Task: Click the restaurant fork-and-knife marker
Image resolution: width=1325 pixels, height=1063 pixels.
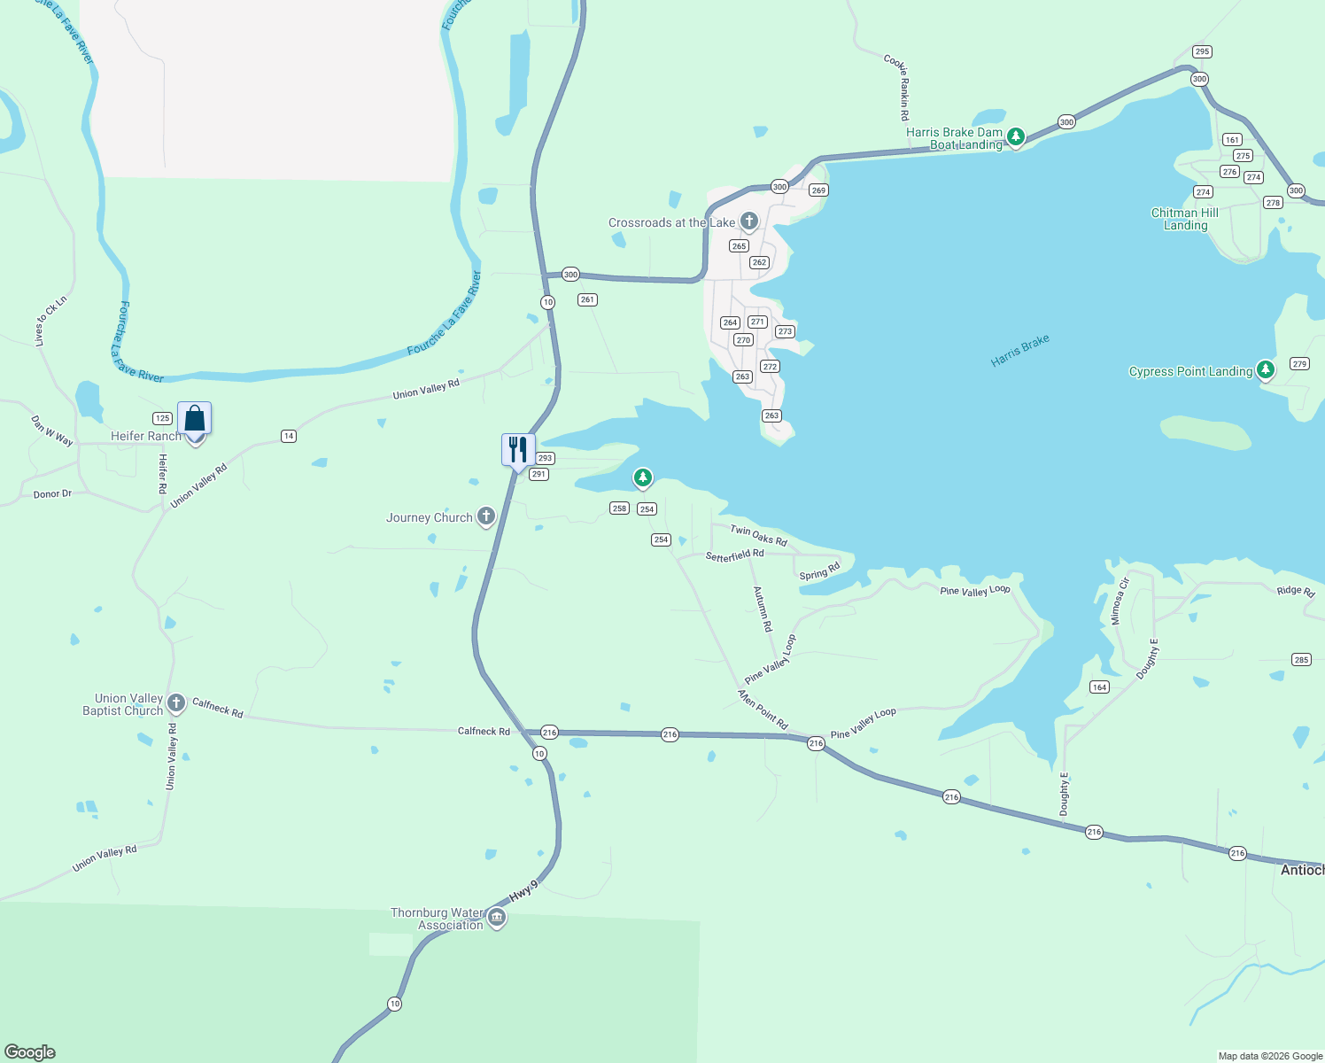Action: tap(518, 450)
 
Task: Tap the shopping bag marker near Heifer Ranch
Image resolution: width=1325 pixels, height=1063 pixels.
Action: tap(194, 419)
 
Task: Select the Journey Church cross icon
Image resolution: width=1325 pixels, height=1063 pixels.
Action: tap(485, 516)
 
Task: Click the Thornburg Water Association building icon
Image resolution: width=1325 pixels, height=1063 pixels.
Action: tap(497, 917)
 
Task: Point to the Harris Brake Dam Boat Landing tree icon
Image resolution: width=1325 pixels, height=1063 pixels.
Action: tap(1016, 136)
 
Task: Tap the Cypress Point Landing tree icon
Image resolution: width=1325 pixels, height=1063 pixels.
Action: tap(1266, 369)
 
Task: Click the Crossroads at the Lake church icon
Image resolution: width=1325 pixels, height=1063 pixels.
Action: tap(749, 221)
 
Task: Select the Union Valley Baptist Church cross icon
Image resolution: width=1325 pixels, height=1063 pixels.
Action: tap(176, 703)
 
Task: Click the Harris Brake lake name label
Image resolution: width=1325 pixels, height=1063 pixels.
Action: tap(1020, 351)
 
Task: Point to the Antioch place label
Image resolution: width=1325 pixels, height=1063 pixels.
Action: tap(1302, 870)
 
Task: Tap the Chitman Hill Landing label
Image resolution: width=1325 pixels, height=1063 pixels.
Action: tap(1185, 219)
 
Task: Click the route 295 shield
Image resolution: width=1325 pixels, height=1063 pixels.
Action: tap(1202, 51)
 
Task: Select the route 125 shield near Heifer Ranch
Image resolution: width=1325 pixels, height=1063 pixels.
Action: tap(162, 418)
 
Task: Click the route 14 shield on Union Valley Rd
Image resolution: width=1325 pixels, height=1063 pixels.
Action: tap(288, 436)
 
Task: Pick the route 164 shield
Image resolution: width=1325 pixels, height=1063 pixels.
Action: tap(1099, 687)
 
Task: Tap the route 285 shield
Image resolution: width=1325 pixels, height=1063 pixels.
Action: tap(1301, 659)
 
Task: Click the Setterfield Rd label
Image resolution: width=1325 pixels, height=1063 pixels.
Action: tap(734, 555)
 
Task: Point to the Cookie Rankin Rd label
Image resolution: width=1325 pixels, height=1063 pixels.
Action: tap(896, 87)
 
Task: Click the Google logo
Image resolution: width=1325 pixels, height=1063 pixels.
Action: tap(30, 1052)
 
